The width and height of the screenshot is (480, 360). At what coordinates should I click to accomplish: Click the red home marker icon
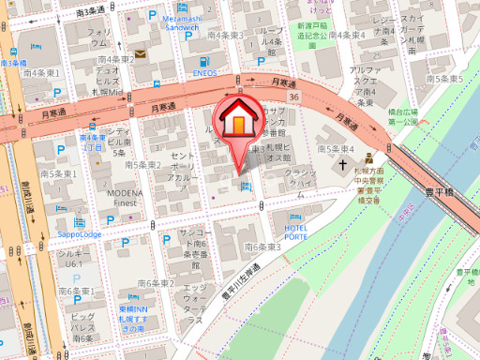point(239,120)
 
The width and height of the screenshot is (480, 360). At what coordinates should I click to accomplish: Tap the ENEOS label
point(205,72)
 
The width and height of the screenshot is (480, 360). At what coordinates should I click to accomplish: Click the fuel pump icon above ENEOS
point(204,59)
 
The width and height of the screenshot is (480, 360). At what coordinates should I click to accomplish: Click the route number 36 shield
point(293,97)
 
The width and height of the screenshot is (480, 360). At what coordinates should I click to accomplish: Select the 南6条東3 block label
point(262,247)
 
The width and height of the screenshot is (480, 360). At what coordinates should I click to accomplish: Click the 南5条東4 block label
point(336,148)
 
